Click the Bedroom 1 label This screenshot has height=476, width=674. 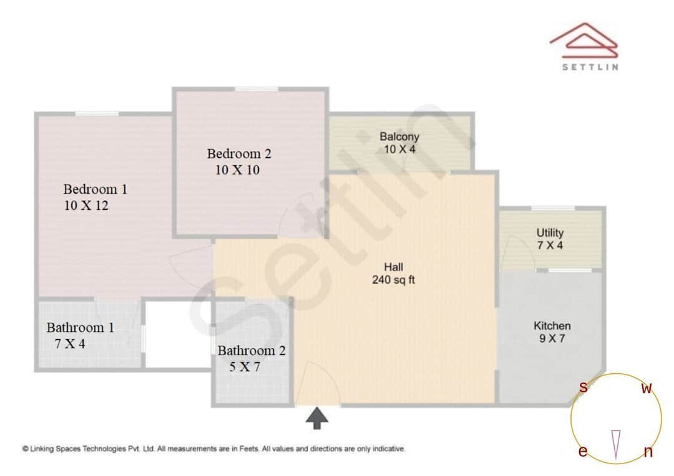tap(95, 189)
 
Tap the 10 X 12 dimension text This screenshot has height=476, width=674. tap(86, 206)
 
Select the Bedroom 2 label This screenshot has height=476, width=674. tap(239, 153)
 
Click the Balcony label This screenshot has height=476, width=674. tap(399, 136)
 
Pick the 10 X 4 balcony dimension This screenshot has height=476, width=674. tap(399, 150)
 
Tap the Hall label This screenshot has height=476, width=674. tap(393, 267)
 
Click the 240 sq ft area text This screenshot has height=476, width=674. tap(393, 280)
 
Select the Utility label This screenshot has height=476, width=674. tap(550, 233)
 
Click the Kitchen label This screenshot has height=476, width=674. tap(552, 326)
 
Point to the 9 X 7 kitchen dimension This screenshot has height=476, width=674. tap(552, 339)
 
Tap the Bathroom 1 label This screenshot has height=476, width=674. tap(80, 328)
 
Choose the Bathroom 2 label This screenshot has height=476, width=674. tap(251, 351)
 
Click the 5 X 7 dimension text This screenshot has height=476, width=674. tap(245, 367)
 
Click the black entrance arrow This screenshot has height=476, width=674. tap(317, 418)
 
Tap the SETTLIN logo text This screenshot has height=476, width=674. tap(590, 67)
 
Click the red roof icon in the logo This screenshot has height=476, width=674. tap(584, 41)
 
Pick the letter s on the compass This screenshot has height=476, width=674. tap(583, 388)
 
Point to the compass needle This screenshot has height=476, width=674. tap(616, 444)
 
